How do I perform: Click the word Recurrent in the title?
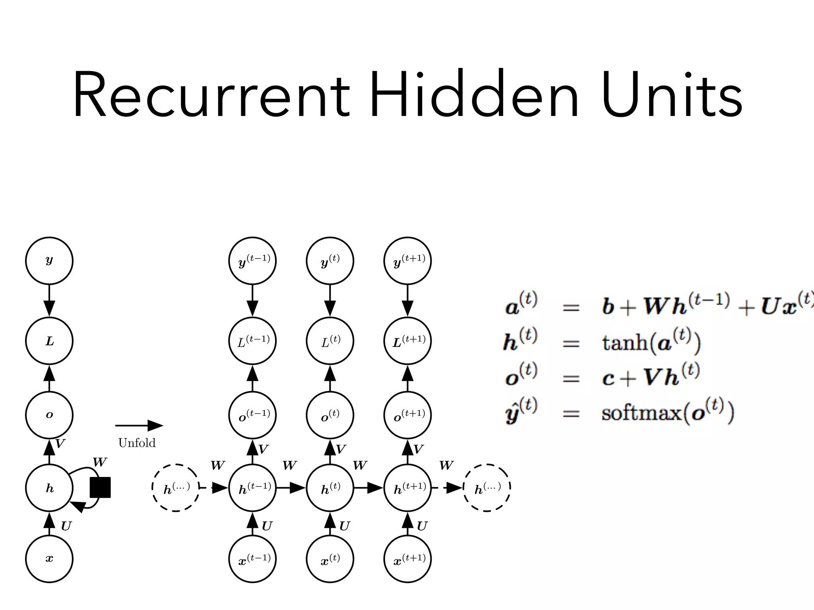211,95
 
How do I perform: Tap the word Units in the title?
672,95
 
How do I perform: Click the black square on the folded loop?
100,487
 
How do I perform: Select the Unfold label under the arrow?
137,443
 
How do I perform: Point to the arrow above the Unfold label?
139,426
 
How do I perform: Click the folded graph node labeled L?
49,341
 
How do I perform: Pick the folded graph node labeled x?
49,558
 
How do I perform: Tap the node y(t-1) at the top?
252,261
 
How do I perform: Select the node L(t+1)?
407,341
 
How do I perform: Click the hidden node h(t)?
330,488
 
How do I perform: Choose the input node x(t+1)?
407,559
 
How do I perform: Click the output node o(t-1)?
252,415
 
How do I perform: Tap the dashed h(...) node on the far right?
487,488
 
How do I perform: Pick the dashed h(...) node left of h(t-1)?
176,488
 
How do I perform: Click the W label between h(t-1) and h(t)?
289,465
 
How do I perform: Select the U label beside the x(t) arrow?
344,526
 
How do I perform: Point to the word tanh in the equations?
624,342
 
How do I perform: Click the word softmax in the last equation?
641,413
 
